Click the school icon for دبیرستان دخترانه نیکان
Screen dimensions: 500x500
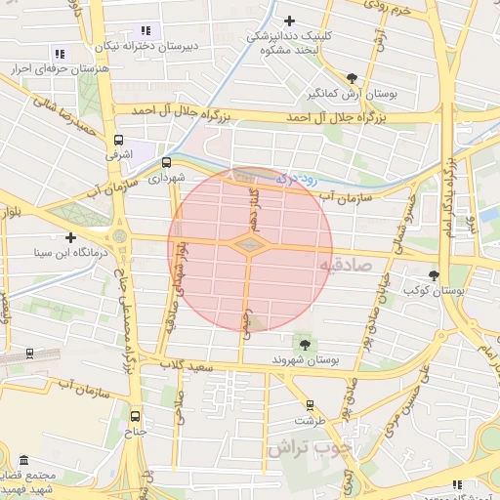tap(146, 30)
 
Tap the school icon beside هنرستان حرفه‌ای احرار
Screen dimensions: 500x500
tap(60, 54)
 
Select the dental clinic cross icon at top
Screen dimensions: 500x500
tap(288, 21)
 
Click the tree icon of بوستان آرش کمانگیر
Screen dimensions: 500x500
tap(352, 78)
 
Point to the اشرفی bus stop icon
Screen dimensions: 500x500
tap(119, 140)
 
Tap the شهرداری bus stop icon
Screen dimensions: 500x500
tap(165, 163)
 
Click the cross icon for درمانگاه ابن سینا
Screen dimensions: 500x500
tap(70, 237)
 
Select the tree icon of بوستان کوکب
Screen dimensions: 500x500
tap(434, 275)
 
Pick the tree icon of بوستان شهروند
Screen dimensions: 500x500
tap(305, 344)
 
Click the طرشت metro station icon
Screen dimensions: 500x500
tap(311, 404)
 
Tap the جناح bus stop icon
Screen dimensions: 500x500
tap(135, 415)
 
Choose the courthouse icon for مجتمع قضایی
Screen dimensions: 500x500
tap(24, 459)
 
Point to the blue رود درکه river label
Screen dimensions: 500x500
tap(292, 179)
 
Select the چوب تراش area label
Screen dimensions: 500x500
tap(303, 448)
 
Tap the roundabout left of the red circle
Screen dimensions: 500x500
tap(120, 236)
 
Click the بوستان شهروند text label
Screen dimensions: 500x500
tap(305, 360)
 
